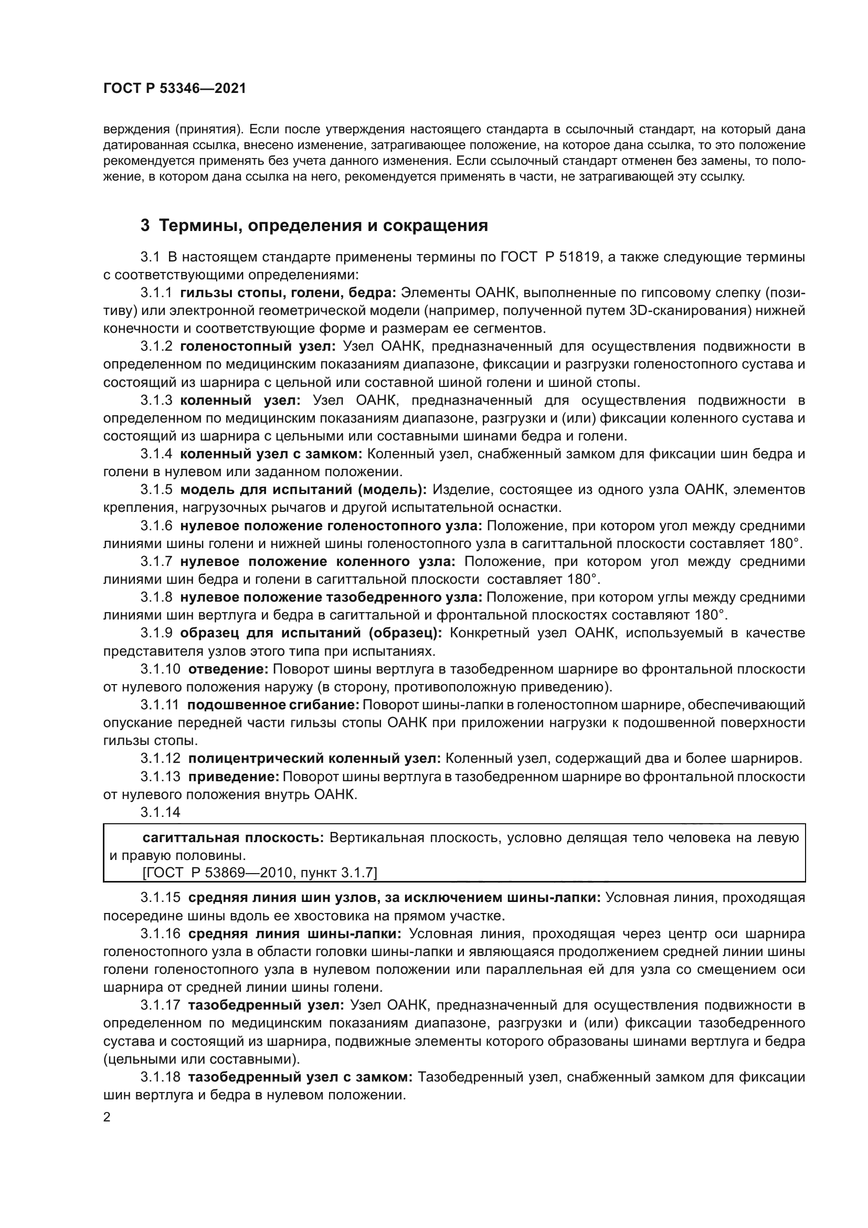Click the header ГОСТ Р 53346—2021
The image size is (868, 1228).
pyautogui.click(x=174, y=89)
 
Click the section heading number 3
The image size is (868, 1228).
pyautogui.click(x=145, y=226)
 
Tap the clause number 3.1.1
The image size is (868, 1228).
pyautogui.click(x=156, y=292)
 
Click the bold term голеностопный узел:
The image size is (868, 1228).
pyautogui.click(x=258, y=347)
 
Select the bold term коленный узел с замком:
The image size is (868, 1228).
pyautogui.click(x=271, y=454)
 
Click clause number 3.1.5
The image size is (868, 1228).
pyautogui.click(x=156, y=490)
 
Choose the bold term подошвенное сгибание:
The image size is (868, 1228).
pyautogui.click(x=272, y=706)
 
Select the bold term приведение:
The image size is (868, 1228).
pyautogui.click(x=233, y=777)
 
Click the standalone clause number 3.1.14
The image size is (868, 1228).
pyautogui.click(x=161, y=812)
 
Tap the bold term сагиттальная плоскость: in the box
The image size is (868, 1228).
pyautogui.click(x=233, y=838)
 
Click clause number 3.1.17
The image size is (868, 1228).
pyautogui.click(x=161, y=1005)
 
